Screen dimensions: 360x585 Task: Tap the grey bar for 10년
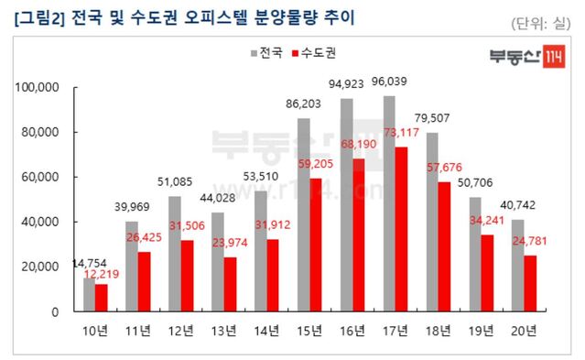point(89,294)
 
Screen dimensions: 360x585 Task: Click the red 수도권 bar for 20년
point(530,283)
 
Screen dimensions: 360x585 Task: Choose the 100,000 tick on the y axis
point(38,87)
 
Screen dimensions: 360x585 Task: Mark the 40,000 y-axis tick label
point(40,222)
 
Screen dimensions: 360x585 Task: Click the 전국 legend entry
point(265,53)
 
